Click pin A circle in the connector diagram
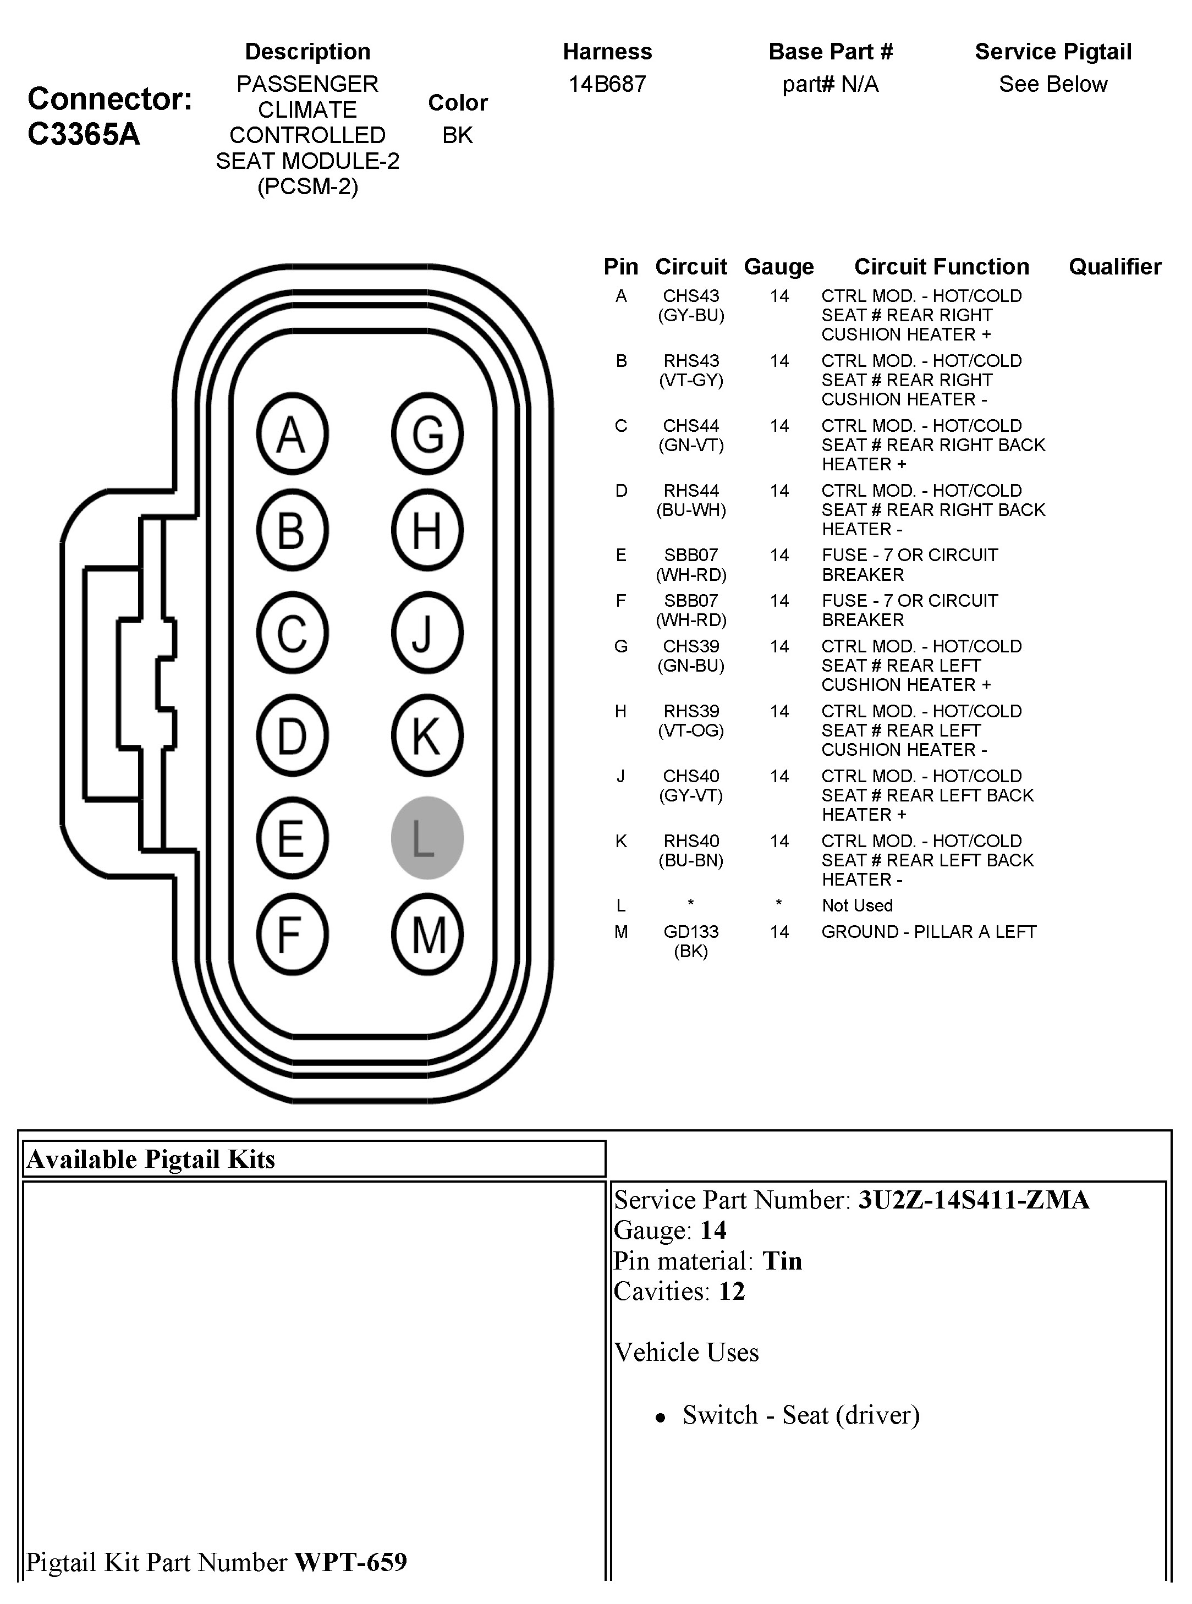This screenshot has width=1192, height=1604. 292,433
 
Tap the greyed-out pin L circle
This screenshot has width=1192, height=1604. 427,838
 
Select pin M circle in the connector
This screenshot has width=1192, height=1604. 427,935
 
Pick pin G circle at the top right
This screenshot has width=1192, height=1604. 427,433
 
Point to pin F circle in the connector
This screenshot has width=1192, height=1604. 292,935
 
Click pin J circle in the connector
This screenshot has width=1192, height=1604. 427,633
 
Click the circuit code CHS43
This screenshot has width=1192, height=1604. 690,296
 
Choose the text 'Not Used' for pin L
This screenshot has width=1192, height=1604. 856,905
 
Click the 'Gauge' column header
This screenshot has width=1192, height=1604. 778,267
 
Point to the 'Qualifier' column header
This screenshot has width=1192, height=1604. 1115,267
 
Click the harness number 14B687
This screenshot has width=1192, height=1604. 607,84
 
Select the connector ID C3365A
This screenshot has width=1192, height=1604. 84,134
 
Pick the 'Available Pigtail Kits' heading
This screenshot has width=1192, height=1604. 151,1159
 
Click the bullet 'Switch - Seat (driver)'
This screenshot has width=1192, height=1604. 801,1415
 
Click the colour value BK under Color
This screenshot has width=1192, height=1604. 458,135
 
